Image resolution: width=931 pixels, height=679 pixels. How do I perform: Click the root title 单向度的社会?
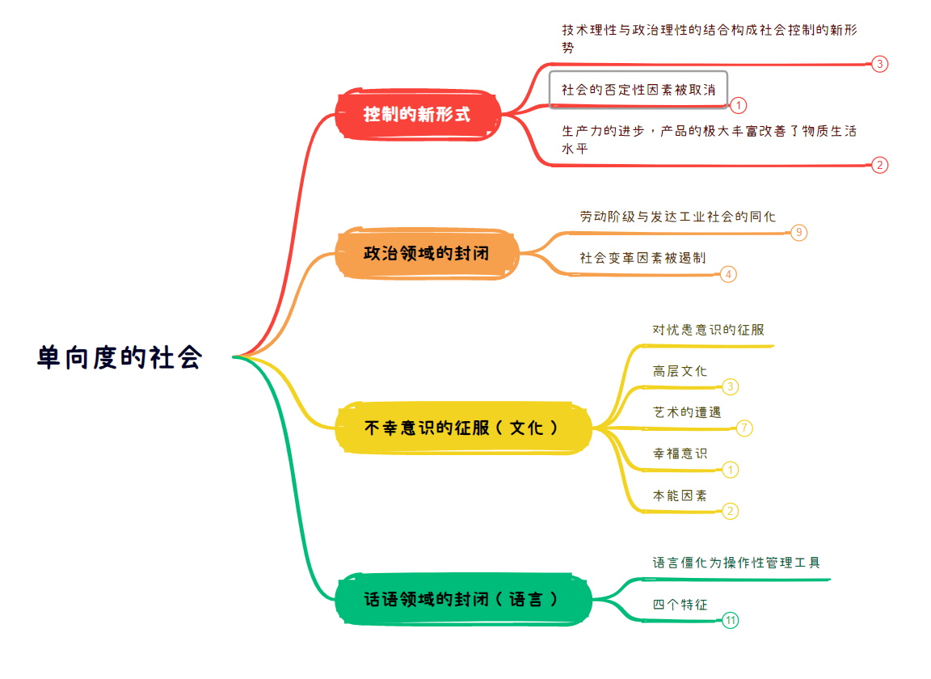(x=120, y=357)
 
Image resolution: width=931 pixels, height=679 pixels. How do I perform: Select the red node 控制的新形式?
(x=417, y=115)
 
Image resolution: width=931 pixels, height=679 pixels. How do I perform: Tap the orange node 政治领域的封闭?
(x=427, y=254)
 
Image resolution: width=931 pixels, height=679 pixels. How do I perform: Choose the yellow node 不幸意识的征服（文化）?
(x=462, y=428)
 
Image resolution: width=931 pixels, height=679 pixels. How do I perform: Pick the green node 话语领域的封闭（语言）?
(x=462, y=599)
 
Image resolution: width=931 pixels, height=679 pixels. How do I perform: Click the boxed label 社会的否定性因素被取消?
(x=638, y=90)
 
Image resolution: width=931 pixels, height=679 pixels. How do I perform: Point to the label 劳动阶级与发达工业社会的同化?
(x=677, y=217)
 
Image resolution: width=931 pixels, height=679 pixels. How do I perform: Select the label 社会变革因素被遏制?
(x=642, y=258)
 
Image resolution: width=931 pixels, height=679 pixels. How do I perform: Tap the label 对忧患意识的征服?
(x=708, y=330)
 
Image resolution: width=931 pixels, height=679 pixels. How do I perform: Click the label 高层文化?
(x=680, y=371)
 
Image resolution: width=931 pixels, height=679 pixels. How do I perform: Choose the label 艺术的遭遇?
(x=687, y=412)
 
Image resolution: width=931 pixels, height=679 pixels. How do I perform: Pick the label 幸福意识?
(x=680, y=453)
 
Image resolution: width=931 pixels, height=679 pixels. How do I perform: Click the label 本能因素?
(x=680, y=496)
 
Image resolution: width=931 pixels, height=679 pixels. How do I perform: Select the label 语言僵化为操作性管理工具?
(x=736, y=563)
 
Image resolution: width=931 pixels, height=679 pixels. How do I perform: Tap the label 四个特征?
(x=680, y=605)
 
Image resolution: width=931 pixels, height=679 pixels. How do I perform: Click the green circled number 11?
(x=731, y=621)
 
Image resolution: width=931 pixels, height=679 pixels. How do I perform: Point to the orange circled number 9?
(x=799, y=232)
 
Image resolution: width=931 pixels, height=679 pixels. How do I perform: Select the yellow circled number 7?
(x=744, y=428)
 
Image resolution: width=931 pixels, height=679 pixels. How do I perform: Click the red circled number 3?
(x=880, y=64)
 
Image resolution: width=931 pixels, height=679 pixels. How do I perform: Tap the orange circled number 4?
(x=728, y=275)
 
